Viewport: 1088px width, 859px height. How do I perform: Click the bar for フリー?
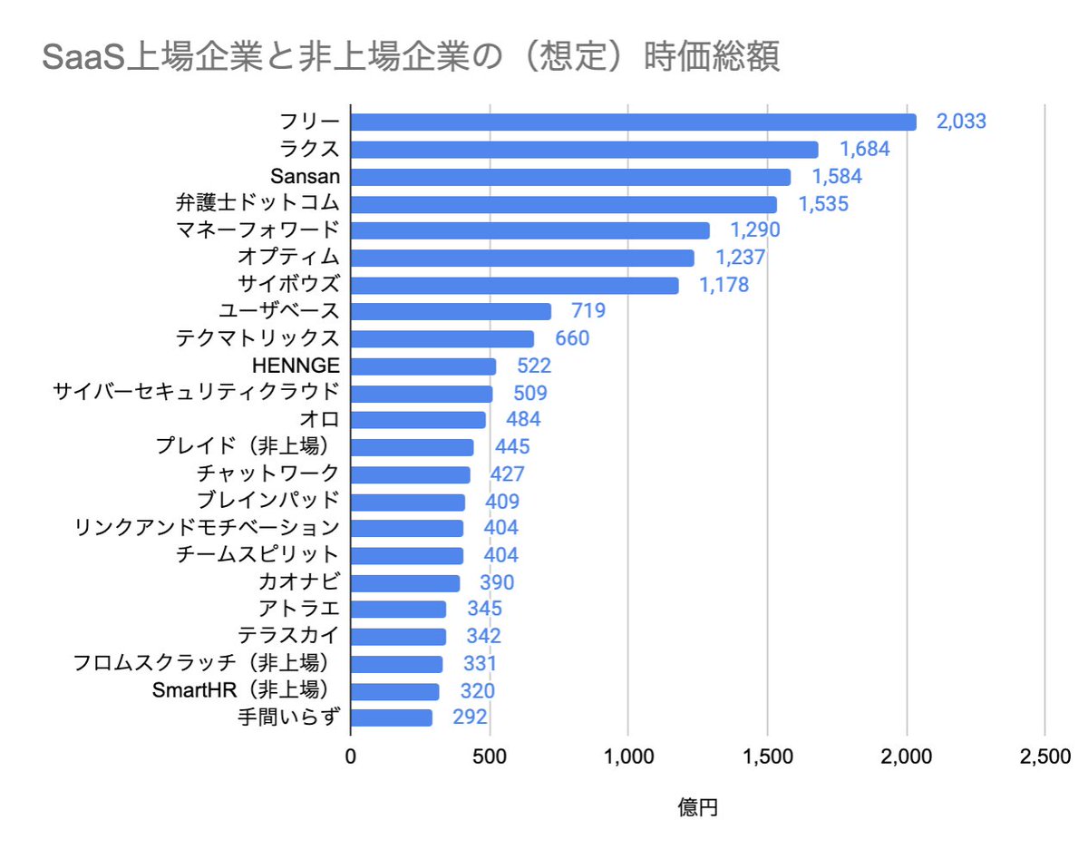point(633,122)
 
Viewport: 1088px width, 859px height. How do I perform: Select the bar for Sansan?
point(570,177)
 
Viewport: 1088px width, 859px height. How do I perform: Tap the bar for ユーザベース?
point(451,312)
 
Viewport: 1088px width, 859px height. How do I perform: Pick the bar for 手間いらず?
point(392,717)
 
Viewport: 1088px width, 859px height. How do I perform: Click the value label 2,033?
point(961,122)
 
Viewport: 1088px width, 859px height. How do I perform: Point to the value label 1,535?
point(823,204)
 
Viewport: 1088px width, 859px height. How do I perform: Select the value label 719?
point(588,312)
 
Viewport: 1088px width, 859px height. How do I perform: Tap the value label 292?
point(470,717)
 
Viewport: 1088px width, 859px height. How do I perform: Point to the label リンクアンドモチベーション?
point(208,528)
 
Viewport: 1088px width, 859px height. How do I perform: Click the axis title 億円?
point(697,807)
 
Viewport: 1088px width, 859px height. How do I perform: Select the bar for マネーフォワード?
point(529,230)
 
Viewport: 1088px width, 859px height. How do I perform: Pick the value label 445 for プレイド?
point(512,447)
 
